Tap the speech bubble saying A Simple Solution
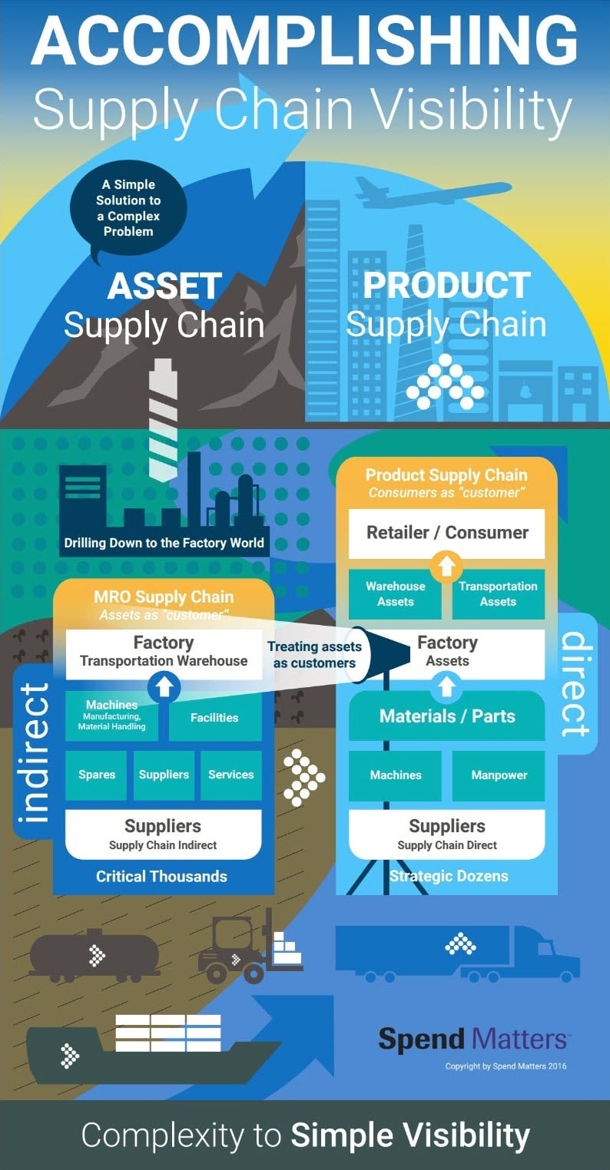coord(128,208)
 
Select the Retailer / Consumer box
coord(447,533)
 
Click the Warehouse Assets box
coord(395,593)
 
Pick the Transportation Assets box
coord(498,593)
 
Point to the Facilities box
coord(214,718)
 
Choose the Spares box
coord(97,775)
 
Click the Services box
coord(230,775)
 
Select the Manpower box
coord(499,775)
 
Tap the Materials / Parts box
coord(447,716)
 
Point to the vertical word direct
coord(575,684)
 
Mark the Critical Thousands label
coord(161,876)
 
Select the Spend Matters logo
coord(473,1040)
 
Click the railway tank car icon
coord(94,956)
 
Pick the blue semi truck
coord(457,952)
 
